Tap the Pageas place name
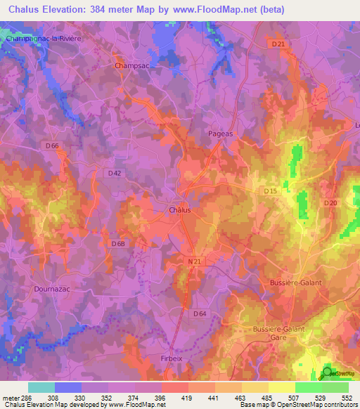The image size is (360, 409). point(220,133)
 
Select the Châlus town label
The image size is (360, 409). point(180,209)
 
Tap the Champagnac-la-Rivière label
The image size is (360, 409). point(44,39)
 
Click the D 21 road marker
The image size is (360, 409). point(278,45)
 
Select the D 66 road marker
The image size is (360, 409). point(51,146)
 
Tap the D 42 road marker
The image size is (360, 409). point(115,172)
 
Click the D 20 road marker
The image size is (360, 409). point(331,203)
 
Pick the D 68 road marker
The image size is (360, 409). point(118,244)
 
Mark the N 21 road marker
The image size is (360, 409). point(196,262)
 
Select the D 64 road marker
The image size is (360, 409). point(200,314)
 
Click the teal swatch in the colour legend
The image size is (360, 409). point(41,387)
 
